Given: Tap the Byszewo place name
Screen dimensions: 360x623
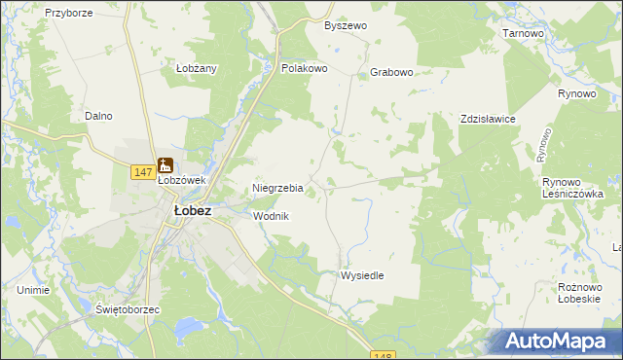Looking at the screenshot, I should coord(346,25).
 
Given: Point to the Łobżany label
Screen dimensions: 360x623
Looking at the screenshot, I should coord(196,68).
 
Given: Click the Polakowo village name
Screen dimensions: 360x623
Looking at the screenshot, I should coord(304,69).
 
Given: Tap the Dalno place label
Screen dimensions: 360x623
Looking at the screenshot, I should coord(98,116).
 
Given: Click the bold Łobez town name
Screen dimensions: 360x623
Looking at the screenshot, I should coord(193,210).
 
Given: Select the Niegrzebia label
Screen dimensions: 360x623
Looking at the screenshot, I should coord(278,188).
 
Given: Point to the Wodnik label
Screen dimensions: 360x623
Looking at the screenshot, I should coord(272,216).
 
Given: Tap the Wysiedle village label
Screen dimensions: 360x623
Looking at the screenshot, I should coord(362,275).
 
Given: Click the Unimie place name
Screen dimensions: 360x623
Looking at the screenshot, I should coord(33,290).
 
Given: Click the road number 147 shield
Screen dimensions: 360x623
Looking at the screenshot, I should coord(141,171).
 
